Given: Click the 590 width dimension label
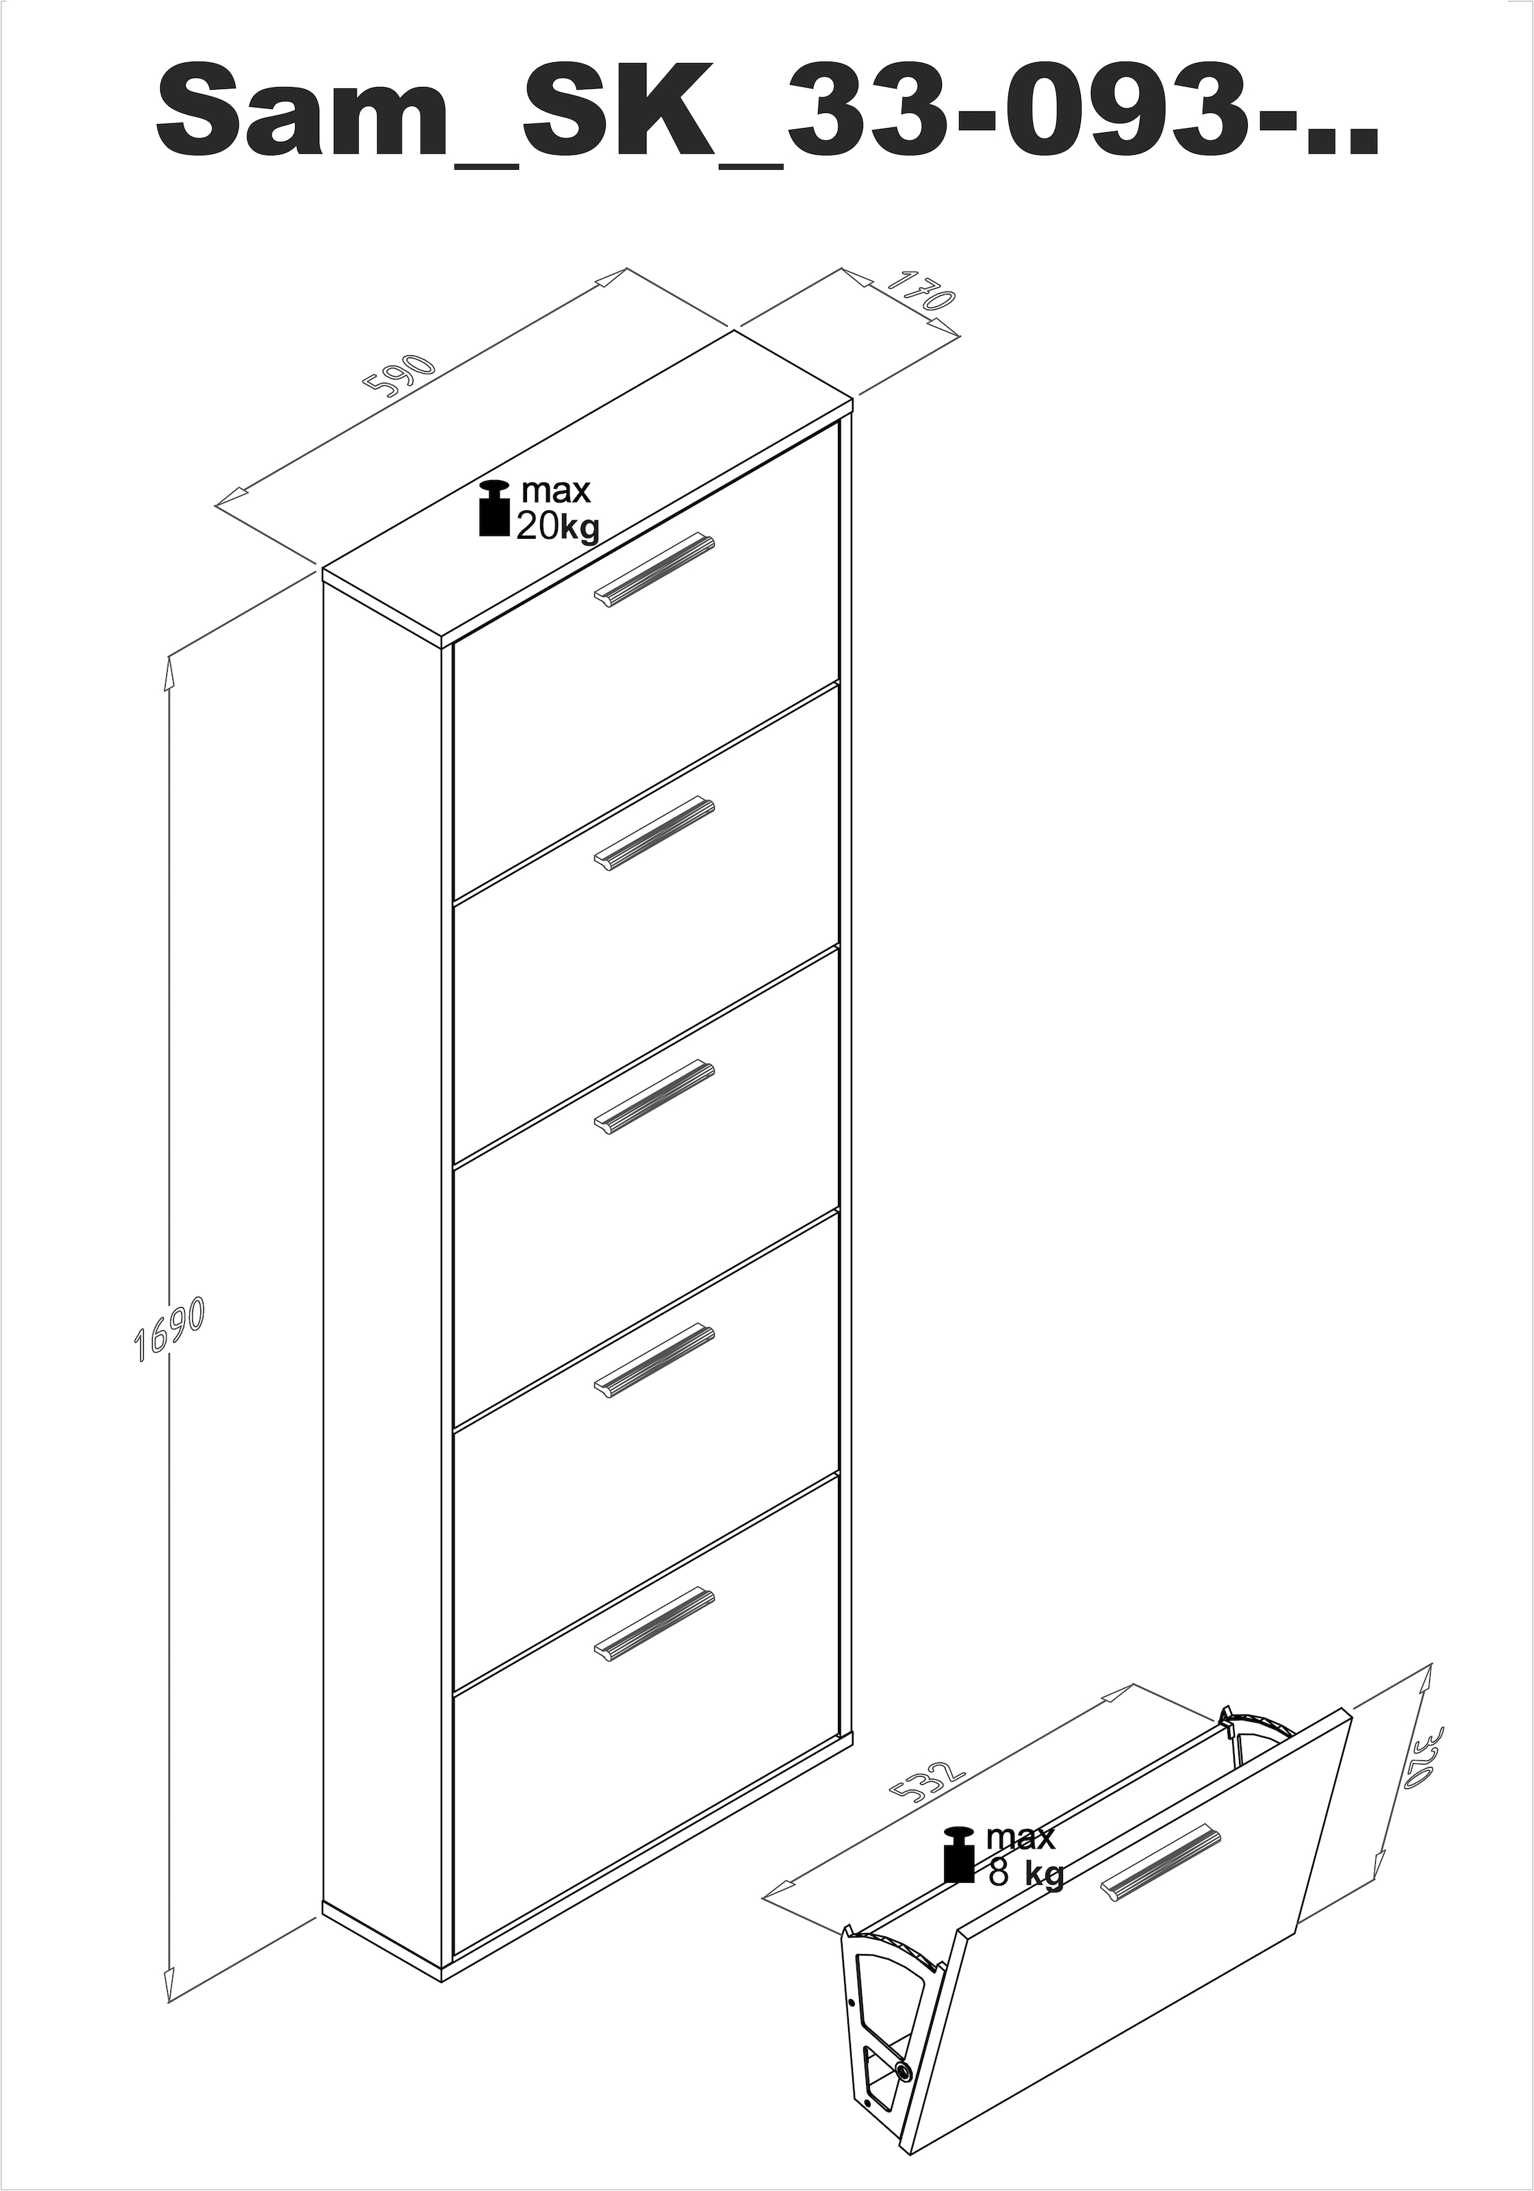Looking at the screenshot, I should (400, 375).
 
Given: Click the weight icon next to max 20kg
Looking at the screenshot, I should (494, 509).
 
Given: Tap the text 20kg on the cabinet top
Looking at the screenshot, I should (557, 526).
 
